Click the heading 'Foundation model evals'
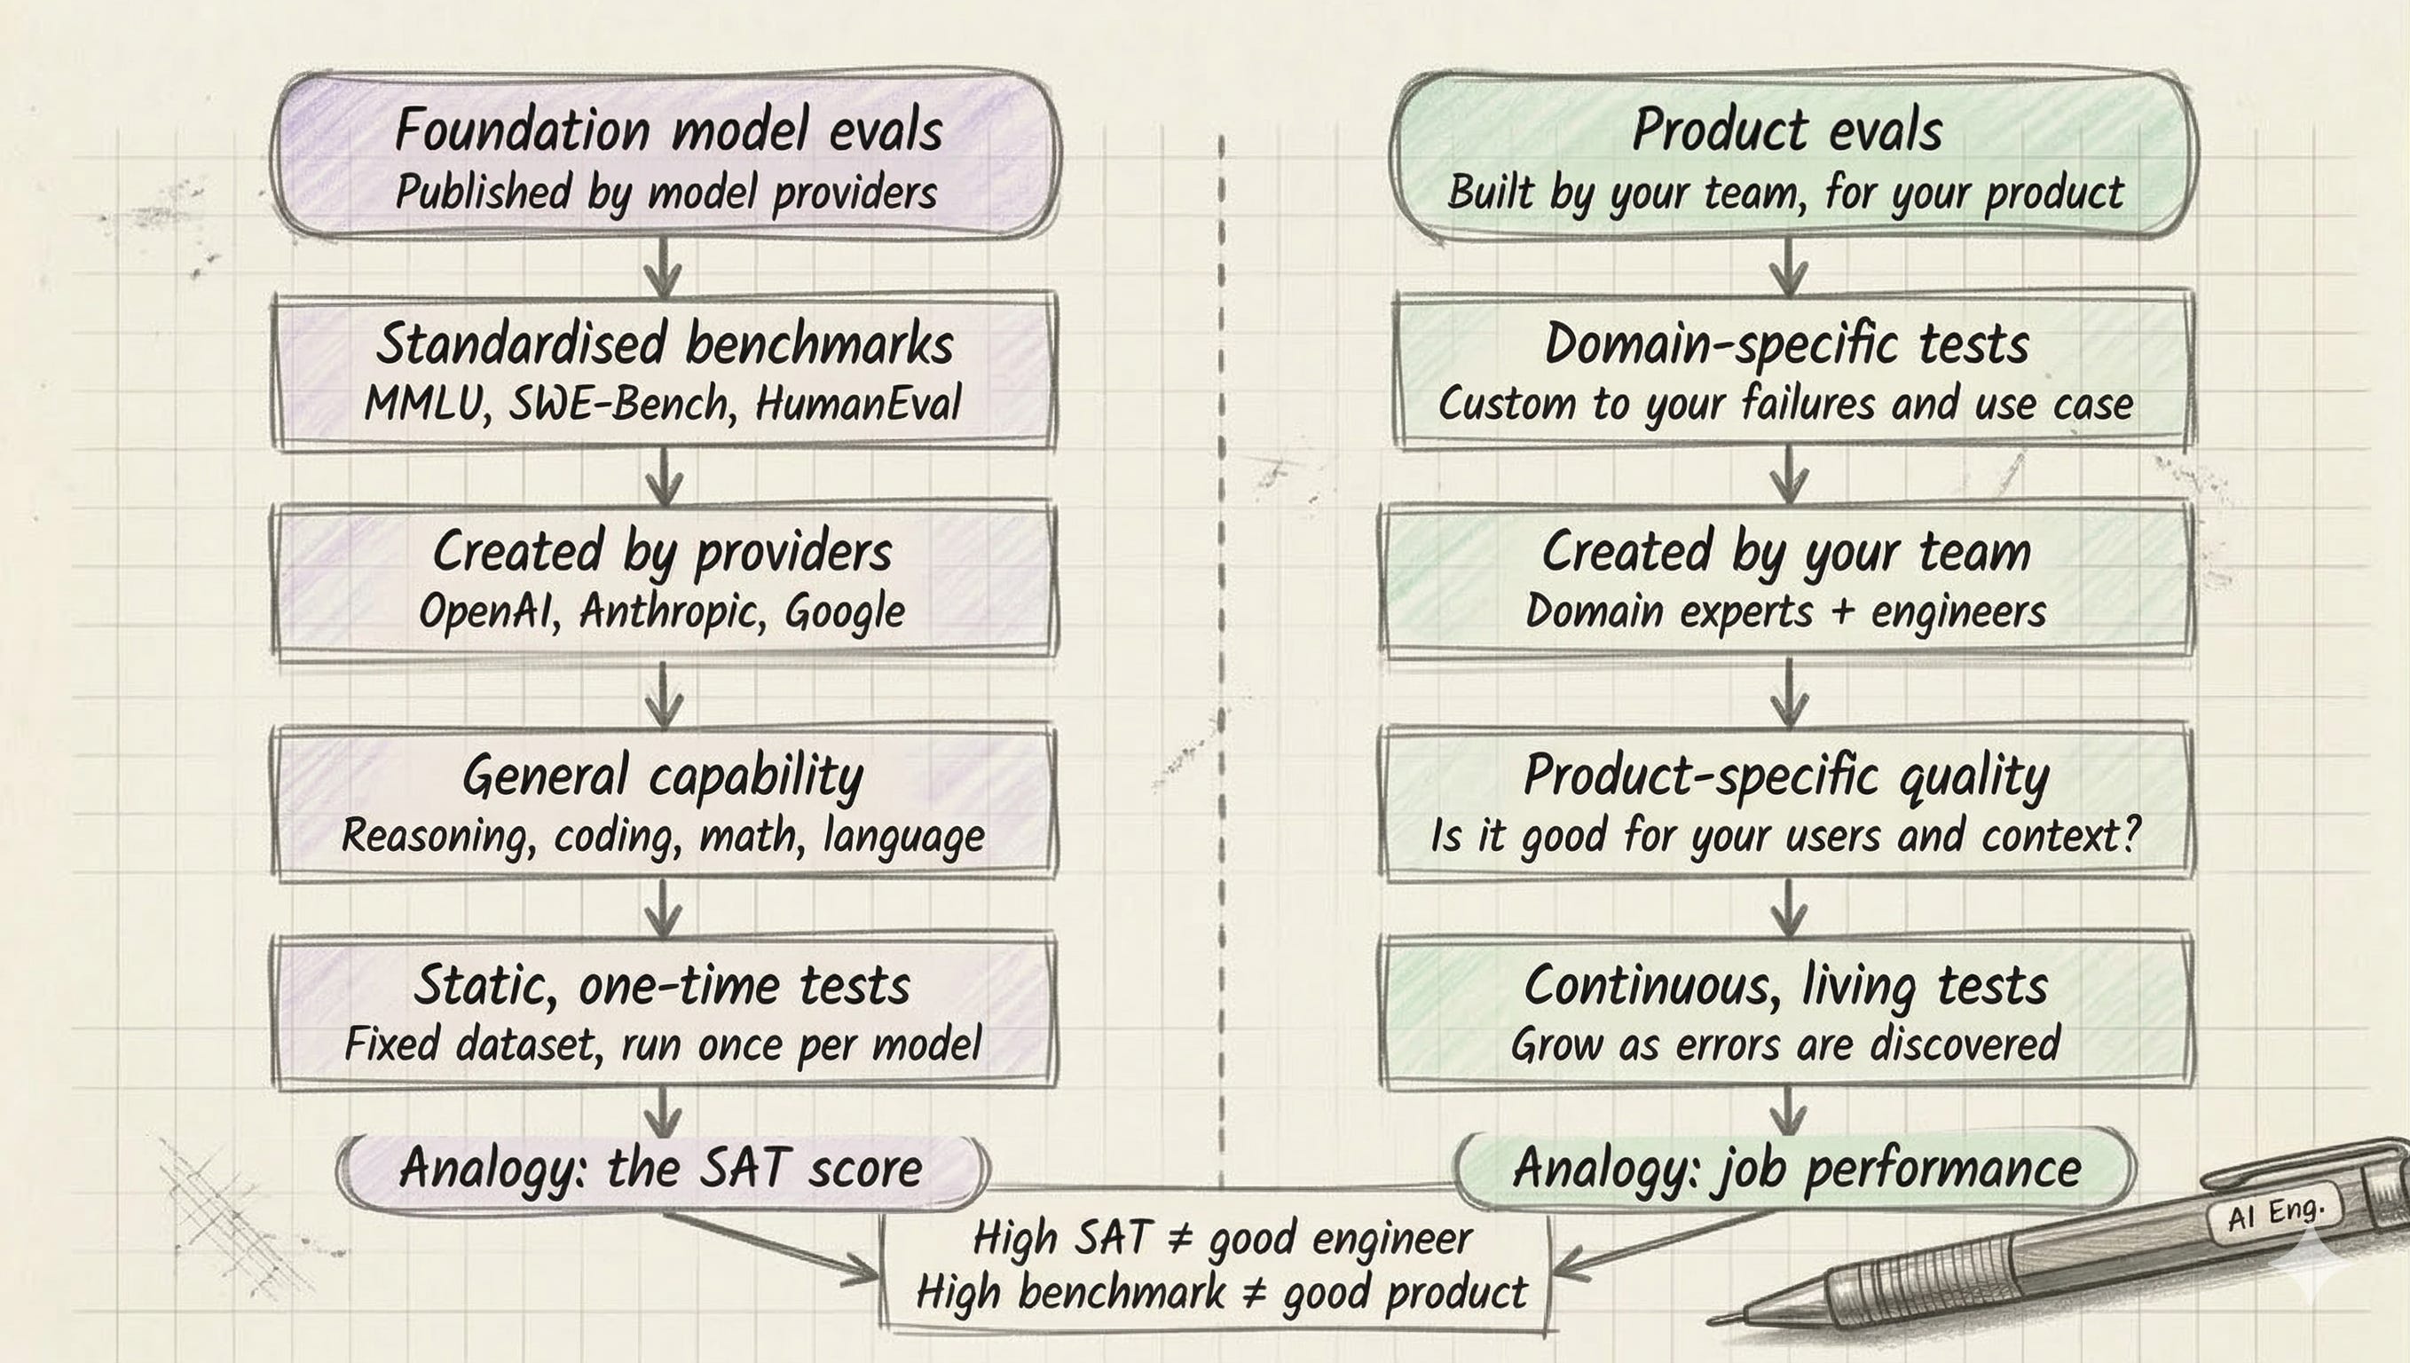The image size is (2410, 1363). click(667, 130)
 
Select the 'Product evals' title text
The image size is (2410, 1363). click(1787, 130)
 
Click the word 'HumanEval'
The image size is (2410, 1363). click(857, 404)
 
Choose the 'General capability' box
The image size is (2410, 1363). click(664, 802)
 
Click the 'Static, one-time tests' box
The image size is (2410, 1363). click(664, 1011)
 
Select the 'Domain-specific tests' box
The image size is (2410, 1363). click(1787, 371)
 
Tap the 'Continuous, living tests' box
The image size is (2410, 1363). click(1787, 1011)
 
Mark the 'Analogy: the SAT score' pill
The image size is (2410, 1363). click(661, 1169)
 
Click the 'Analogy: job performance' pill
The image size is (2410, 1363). click(1796, 1169)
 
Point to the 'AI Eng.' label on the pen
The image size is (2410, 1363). click(2275, 1213)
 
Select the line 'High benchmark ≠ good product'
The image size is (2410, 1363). click(1221, 1293)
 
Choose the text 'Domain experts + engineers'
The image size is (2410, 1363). click(1784, 612)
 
